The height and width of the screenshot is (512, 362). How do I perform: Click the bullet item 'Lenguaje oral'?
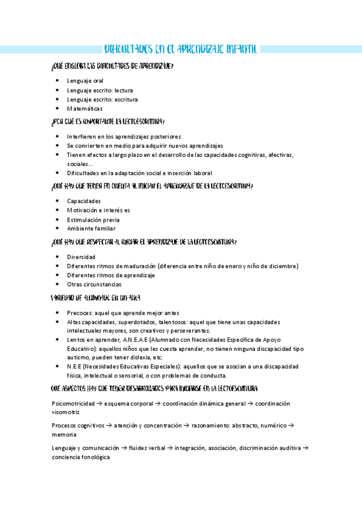pos(85,81)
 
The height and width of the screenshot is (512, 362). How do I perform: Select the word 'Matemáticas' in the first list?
pos(85,109)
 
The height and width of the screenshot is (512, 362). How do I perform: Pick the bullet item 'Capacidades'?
pos(83,201)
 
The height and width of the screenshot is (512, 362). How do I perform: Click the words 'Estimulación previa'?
pos(93,220)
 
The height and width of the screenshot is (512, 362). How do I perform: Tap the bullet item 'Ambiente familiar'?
pos(91,229)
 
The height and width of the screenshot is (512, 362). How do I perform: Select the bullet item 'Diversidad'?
pos(81,257)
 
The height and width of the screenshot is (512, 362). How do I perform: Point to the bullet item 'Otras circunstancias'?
pos(94,284)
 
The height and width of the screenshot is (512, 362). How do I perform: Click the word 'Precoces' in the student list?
pos(79,313)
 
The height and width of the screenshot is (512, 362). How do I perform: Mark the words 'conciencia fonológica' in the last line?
pos(81,458)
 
